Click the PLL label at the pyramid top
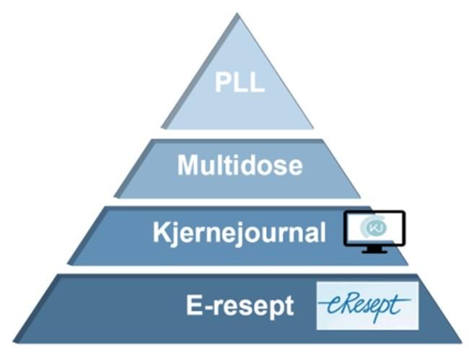pyautogui.click(x=240, y=82)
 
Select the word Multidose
pyautogui.click(x=240, y=165)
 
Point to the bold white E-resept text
pyautogui.click(x=240, y=306)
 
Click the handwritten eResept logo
pyautogui.click(x=367, y=306)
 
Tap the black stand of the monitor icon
pyautogui.click(x=374, y=250)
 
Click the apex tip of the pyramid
pyautogui.click(x=237, y=13)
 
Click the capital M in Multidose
pyautogui.click(x=188, y=165)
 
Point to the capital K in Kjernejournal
pyautogui.click(x=162, y=232)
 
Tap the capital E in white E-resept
pyautogui.click(x=194, y=305)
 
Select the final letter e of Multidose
pyautogui.click(x=295, y=168)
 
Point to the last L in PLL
pyautogui.click(x=257, y=82)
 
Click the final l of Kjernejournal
pyautogui.click(x=323, y=232)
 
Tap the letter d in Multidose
pyautogui.click(x=250, y=165)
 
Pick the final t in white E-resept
pyautogui.click(x=289, y=306)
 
